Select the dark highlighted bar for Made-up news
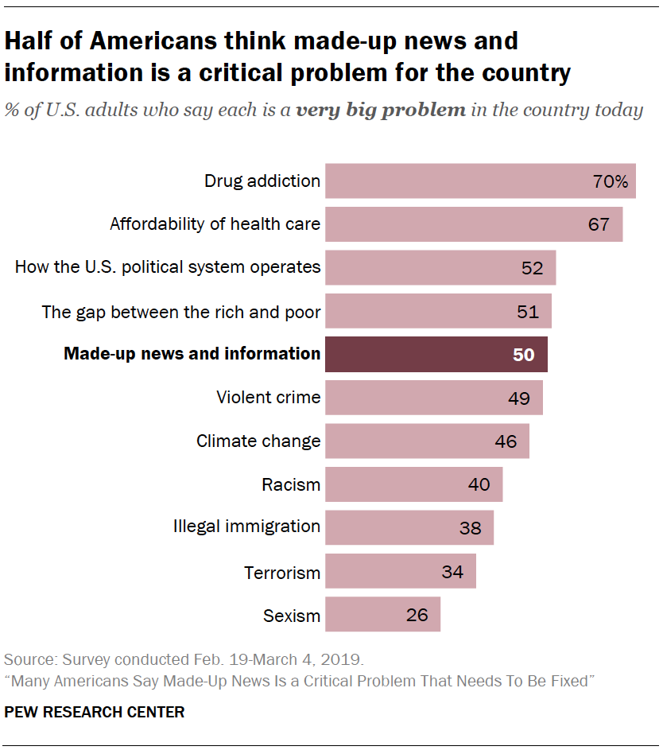click(x=436, y=354)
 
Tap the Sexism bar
click(x=382, y=615)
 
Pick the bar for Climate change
click(x=427, y=441)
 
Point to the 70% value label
click(x=611, y=181)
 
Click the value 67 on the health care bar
click(x=599, y=224)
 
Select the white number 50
click(x=523, y=355)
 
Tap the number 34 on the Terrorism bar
click(x=452, y=572)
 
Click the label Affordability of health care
click(x=215, y=223)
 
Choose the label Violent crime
click(x=268, y=397)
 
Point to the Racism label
click(x=291, y=484)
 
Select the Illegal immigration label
click(x=246, y=526)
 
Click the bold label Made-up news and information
click(x=192, y=354)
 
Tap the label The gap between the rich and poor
click(x=181, y=311)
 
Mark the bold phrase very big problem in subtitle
click(x=381, y=110)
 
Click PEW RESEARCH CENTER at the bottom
click(x=95, y=713)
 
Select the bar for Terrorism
click(x=400, y=571)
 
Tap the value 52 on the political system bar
click(x=532, y=268)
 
